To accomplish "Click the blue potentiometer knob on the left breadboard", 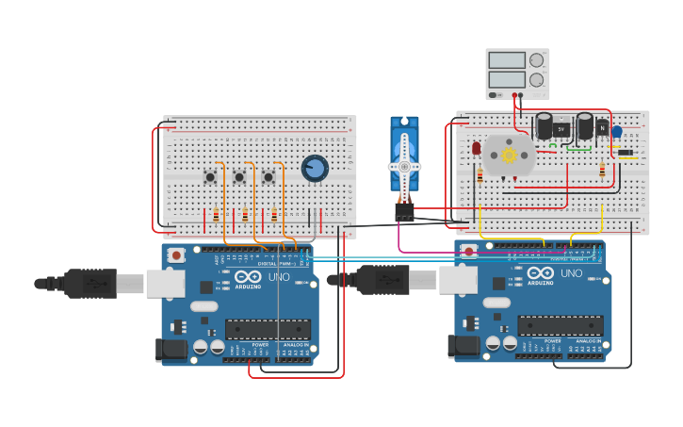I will tap(315, 169).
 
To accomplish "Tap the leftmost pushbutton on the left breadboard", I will tap(210, 176).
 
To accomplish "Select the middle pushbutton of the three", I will tap(239, 176).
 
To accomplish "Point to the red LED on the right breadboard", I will tap(477, 148).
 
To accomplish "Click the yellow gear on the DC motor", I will tap(510, 155).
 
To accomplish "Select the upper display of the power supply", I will tap(507, 61).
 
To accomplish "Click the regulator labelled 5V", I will tap(561, 128).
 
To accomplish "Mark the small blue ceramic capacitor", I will tap(617, 132).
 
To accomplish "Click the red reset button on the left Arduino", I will tap(176, 255).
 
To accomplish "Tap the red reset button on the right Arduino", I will tap(469, 252).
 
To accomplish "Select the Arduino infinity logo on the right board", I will tap(539, 272).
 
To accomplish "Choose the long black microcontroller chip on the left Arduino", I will tap(268, 329).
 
